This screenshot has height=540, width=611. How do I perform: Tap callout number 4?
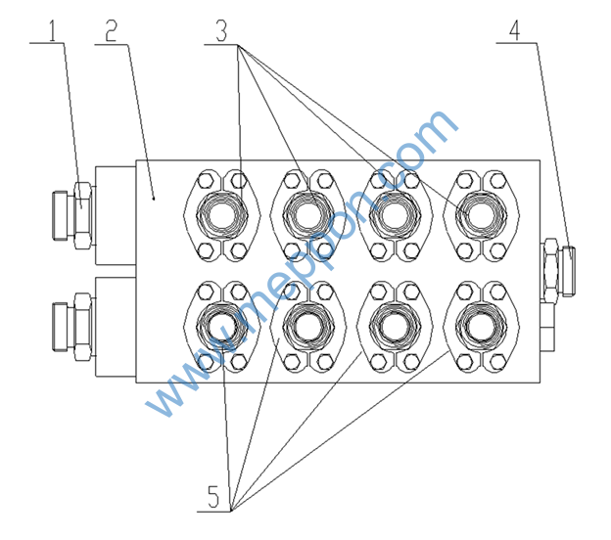click(516, 27)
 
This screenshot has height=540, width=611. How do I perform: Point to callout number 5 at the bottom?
click(213, 497)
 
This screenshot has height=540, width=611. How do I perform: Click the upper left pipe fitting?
click(70, 212)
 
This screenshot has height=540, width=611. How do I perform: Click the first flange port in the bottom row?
click(220, 326)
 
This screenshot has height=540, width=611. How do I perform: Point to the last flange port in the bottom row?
click(479, 326)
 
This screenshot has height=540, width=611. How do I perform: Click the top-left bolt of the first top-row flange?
click(204, 180)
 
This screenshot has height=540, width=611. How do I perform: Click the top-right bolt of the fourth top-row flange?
click(497, 180)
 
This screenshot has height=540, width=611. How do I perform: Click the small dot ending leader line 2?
click(155, 197)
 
